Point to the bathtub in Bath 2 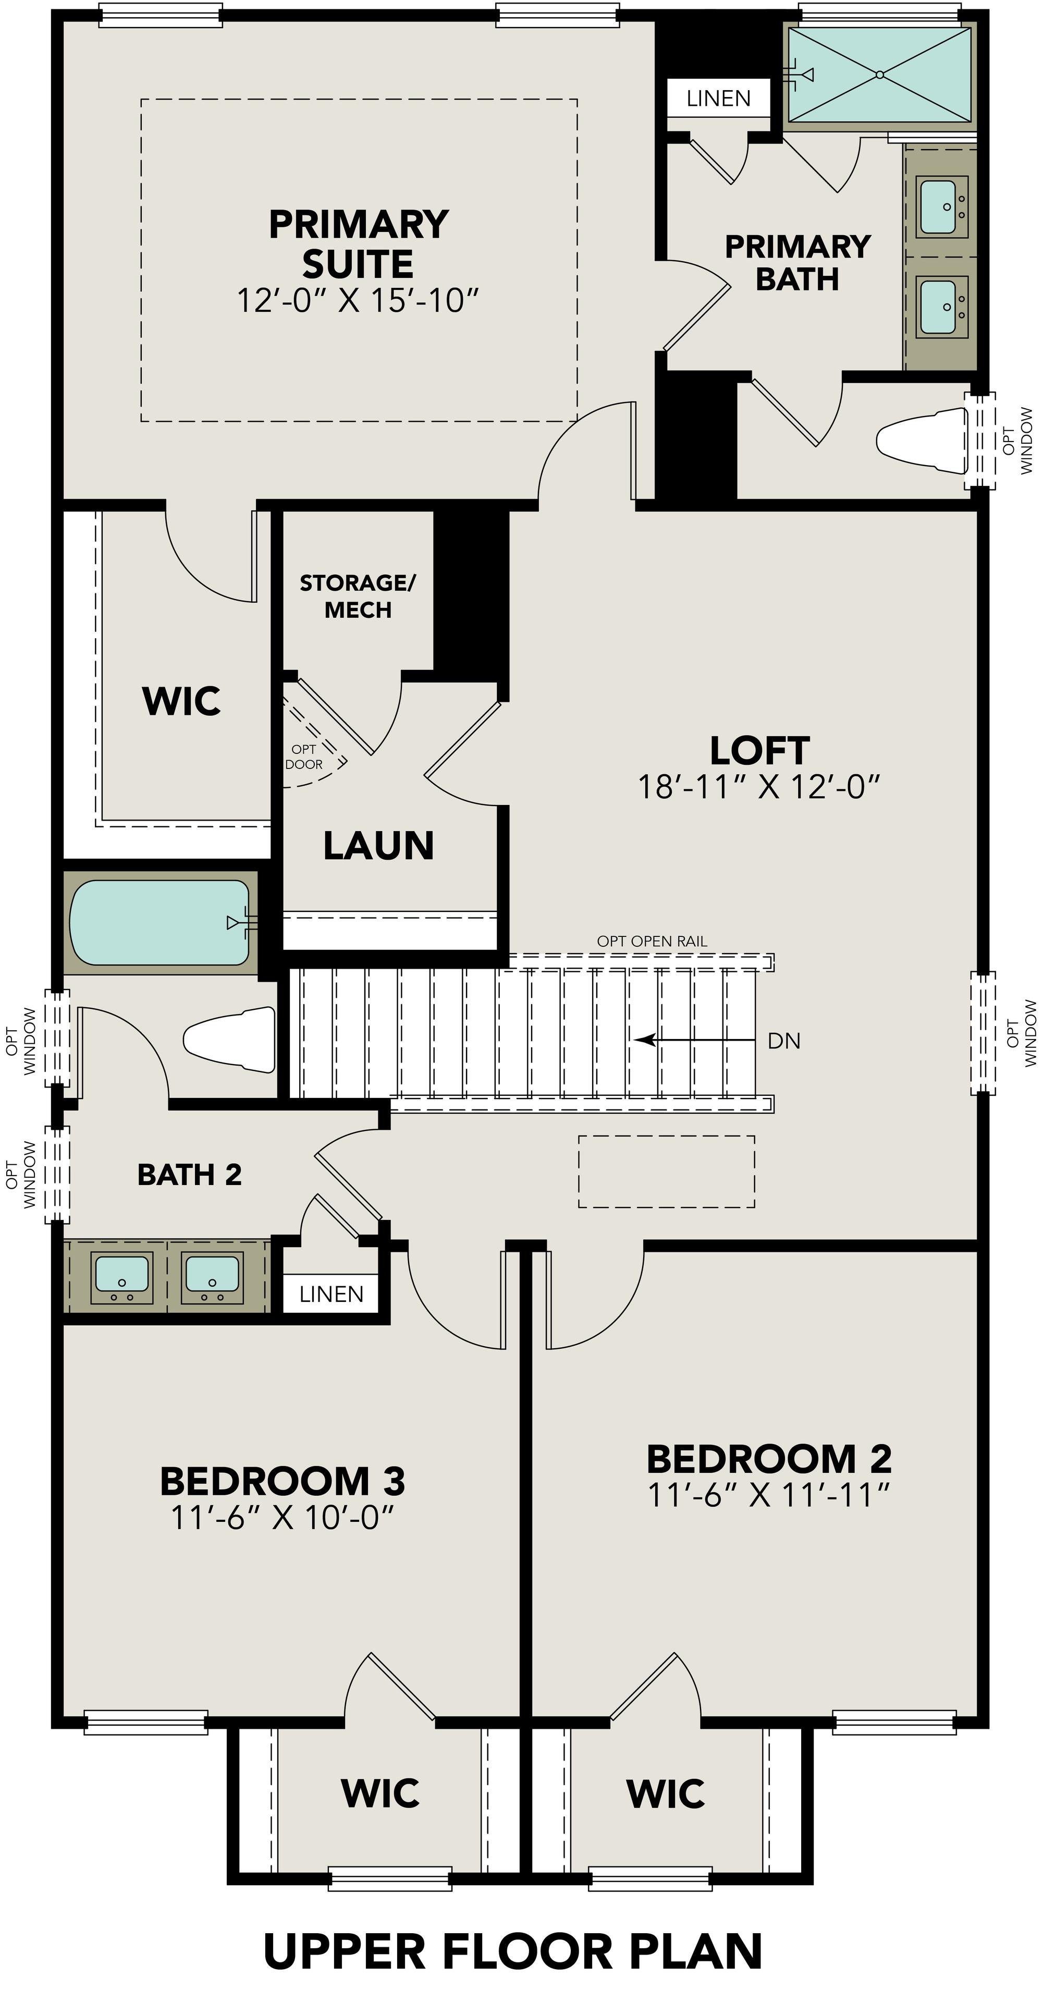pyautogui.click(x=159, y=922)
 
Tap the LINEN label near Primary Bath pyautogui.click(x=718, y=99)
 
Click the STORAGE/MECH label pyautogui.click(x=358, y=596)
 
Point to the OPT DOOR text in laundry pyautogui.click(x=304, y=756)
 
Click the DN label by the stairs pyautogui.click(x=783, y=1041)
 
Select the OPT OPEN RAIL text pyautogui.click(x=652, y=941)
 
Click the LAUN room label pyautogui.click(x=378, y=846)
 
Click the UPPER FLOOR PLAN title pyautogui.click(x=513, y=1951)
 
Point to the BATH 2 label pyautogui.click(x=190, y=1174)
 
